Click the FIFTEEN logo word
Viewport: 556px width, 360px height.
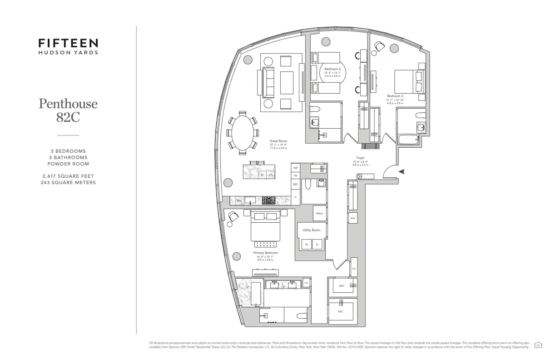[x=68, y=43]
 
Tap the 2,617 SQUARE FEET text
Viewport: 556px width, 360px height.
[x=68, y=175]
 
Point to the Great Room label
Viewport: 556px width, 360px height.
[x=278, y=141]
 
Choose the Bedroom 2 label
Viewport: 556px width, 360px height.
[x=333, y=69]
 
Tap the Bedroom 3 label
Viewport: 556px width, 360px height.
[x=395, y=96]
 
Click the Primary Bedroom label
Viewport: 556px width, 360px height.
[x=266, y=253]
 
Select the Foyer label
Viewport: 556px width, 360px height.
[x=360, y=158]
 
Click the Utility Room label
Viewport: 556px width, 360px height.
[x=311, y=230]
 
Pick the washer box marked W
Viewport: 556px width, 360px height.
[x=306, y=245]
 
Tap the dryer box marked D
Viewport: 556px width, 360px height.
[x=317, y=245]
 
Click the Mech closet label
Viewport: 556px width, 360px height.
[x=319, y=213]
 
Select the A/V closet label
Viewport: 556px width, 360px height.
[x=353, y=219]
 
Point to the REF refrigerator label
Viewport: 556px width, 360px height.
[x=295, y=185]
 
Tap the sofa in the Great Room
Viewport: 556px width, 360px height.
[x=267, y=82]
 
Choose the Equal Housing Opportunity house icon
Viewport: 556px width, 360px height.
[x=538, y=345]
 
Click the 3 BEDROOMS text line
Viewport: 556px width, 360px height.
[x=68, y=151]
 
